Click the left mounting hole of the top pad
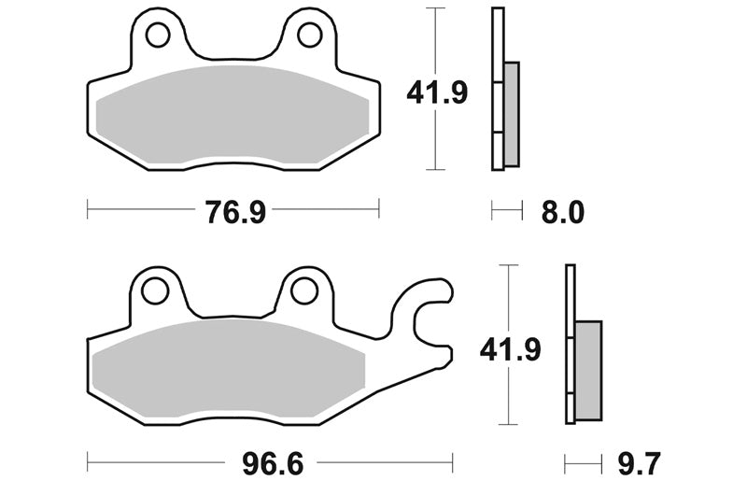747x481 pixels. (158, 35)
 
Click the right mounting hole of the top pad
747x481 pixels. (310, 35)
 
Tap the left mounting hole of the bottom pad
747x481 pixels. (155, 291)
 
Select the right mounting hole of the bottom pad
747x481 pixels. (304, 291)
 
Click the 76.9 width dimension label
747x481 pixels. (235, 212)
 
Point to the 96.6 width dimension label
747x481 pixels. (273, 463)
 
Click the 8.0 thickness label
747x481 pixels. (563, 212)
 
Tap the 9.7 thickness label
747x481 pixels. (640, 463)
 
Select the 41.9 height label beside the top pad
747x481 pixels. (437, 92)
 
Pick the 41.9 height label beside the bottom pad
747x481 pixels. (510, 350)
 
